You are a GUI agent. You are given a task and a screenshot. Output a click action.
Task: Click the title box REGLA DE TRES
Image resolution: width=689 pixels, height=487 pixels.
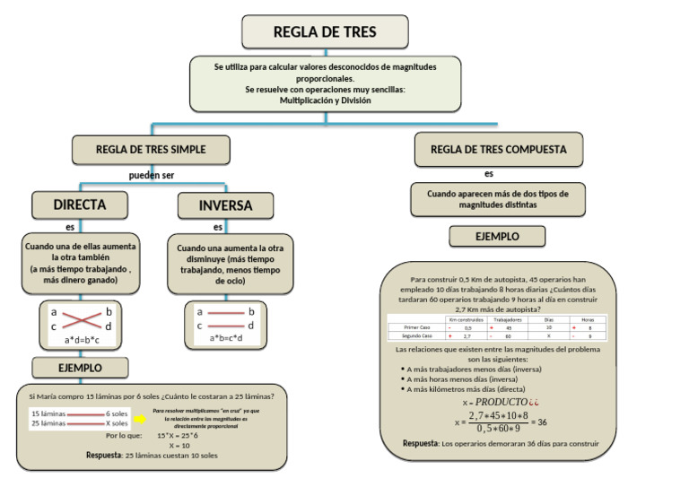(325, 32)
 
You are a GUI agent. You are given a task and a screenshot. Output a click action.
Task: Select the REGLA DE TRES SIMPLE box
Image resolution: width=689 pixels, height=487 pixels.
(151, 149)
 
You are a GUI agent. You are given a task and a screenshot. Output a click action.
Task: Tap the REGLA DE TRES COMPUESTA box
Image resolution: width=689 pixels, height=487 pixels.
(499, 149)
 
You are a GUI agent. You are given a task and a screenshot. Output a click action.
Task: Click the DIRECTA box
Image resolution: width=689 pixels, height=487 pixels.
(79, 204)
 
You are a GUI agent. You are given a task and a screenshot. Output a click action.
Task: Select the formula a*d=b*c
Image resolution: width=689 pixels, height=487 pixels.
(82, 341)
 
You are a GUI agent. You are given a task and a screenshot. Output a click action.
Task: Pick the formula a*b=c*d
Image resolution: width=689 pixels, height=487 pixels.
(226, 339)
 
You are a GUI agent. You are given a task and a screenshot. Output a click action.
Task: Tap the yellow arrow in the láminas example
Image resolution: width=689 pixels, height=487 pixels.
(141, 418)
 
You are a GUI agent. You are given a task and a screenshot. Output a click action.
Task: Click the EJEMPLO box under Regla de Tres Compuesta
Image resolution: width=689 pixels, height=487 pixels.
(497, 237)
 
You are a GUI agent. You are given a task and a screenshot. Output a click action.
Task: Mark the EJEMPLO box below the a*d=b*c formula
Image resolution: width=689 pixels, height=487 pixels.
(80, 368)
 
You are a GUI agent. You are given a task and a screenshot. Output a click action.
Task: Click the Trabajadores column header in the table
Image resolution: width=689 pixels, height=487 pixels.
(508, 319)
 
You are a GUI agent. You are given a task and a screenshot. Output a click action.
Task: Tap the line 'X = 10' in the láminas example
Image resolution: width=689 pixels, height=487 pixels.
(179, 445)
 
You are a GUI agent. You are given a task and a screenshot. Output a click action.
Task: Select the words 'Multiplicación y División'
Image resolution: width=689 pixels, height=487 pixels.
(325, 101)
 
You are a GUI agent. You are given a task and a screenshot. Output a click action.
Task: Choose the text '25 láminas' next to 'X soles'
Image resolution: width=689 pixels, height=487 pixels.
(48, 423)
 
